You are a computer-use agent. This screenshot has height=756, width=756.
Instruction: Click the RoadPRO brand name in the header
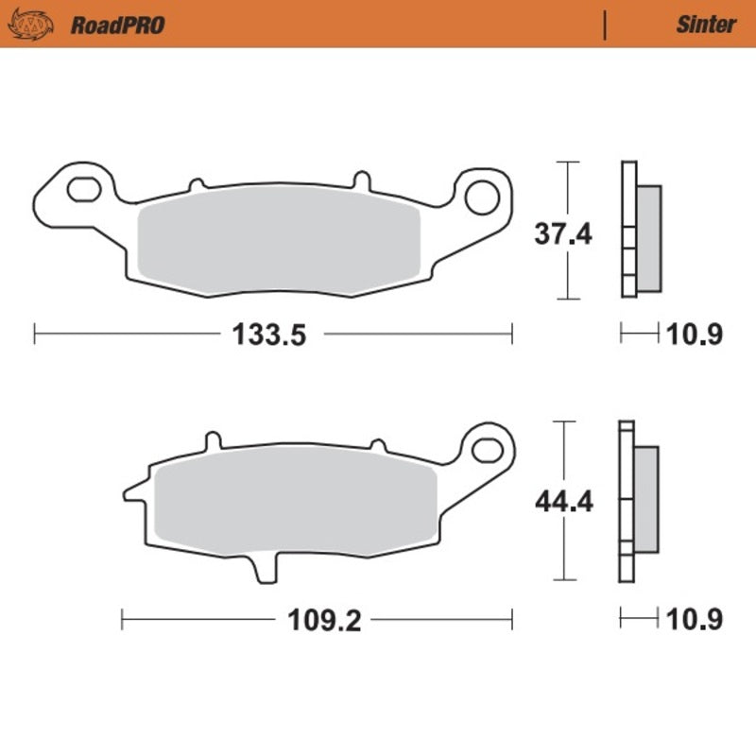tap(117, 25)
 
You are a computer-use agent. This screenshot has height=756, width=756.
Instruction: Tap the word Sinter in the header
tap(705, 25)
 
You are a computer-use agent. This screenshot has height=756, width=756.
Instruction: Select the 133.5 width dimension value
tap(271, 335)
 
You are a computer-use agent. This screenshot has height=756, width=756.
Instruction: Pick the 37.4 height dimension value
tap(563, 232)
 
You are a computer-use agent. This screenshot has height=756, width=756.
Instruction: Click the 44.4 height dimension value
tap(563, 502)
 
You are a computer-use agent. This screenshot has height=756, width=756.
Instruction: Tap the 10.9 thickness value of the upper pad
tap(696, 335)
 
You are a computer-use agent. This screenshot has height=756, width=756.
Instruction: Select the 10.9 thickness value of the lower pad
tap(696, 621)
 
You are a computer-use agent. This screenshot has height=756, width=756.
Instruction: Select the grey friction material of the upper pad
tap(279, 245)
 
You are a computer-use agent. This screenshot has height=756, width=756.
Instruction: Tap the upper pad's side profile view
tap(639, 231)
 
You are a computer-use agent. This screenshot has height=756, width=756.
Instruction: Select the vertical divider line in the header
tap(604, 25)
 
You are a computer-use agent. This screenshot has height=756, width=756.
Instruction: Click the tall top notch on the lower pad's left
tap(213, 440)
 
